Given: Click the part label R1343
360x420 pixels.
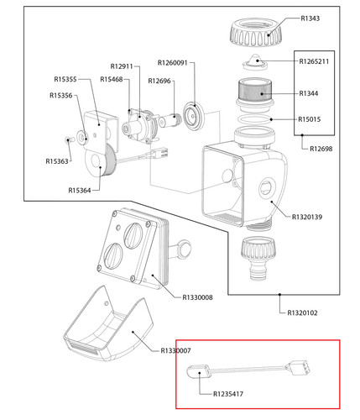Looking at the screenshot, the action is coord(310,18).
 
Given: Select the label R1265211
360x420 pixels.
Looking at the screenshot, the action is coord(314,61).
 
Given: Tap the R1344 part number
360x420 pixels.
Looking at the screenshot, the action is coord(309,93).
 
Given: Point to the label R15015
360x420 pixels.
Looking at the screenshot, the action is coord(309,119).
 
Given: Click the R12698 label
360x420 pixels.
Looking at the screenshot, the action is coord(321,149).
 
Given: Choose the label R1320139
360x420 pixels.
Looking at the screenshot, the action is coord(307,217).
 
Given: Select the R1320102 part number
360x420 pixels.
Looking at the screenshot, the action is coord(302,313).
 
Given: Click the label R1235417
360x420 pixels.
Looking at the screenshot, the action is coord(228,394).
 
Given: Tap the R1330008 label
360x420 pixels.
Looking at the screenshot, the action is coord(197,297).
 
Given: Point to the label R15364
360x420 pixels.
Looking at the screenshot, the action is coord(80,191).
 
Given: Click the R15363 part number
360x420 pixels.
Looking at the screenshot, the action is coord(57,161).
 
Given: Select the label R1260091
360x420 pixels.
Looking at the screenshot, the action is coord(172,63).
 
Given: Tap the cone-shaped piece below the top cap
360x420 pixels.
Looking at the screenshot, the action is coord(255,62).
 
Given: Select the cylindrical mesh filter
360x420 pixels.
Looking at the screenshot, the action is coord(255,90).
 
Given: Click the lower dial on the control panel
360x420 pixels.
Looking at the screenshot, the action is coord(113,255).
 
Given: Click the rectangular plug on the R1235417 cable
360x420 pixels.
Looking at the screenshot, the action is coord(299,368).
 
